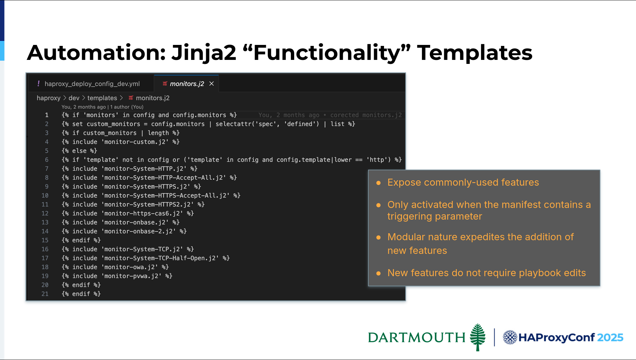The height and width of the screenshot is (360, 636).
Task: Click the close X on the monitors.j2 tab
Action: pyautogui.click(x=211, y=84)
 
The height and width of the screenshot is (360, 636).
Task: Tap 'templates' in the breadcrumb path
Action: pyautogui.click(x=102, y=98)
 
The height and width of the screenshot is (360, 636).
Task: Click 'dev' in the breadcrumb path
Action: pyautogui.click(x=74, y=98)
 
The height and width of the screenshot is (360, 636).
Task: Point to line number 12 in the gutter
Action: pyautogui.click(x=45, y=213)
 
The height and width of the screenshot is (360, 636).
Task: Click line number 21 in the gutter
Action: pyautogui.click(x=45, y=294)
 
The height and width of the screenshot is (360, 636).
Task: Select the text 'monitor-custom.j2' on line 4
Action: pyautogui.click(x=135, y=142)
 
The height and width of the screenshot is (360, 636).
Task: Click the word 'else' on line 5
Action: pyautogui.click(x=79, y=151)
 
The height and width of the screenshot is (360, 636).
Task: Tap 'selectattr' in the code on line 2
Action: pyautogui.click(x=233, y=124)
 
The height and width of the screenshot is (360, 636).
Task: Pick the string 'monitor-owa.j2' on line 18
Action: pyautogui.click(x=130, y=267)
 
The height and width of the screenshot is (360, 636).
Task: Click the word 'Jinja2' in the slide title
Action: pyautogui.click(x=204, y=53)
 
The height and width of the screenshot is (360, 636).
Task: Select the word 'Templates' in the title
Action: pyautogui.click(x=475, y=53)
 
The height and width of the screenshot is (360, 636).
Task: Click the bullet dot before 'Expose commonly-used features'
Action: pyautogui.click(x=378, y=183)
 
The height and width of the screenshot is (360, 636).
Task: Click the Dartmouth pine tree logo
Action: pyautogui.click(x=478, y=337)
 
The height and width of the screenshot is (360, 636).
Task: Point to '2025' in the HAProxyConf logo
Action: pyautogui.click(x=610, y=337)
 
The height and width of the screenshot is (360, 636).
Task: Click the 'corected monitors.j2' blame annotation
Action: pyautogui.click(x=366, y=115)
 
